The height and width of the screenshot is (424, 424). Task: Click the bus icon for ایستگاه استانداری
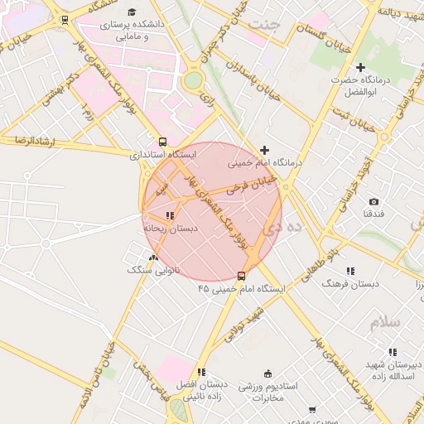coord(162,142)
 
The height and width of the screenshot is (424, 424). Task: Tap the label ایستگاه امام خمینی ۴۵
coord(241,289)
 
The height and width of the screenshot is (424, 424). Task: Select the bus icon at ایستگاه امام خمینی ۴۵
coord(241,275)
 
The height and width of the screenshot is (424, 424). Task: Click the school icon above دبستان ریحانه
coord(170,215)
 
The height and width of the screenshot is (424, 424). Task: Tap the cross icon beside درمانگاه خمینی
coord(264,150)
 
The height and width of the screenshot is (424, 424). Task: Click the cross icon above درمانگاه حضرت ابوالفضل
coord(359,67)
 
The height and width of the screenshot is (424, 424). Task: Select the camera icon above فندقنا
coord(373,202)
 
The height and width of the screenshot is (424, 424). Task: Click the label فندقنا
coord(373,214)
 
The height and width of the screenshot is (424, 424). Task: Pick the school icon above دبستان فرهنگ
coord(350,271)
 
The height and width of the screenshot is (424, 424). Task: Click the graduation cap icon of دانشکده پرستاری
coord(132,12)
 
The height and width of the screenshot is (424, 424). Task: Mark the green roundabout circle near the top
coord(193,80)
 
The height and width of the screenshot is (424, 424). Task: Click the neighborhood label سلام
coord(385,322)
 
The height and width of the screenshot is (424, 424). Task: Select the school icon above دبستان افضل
coord(201,372)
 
